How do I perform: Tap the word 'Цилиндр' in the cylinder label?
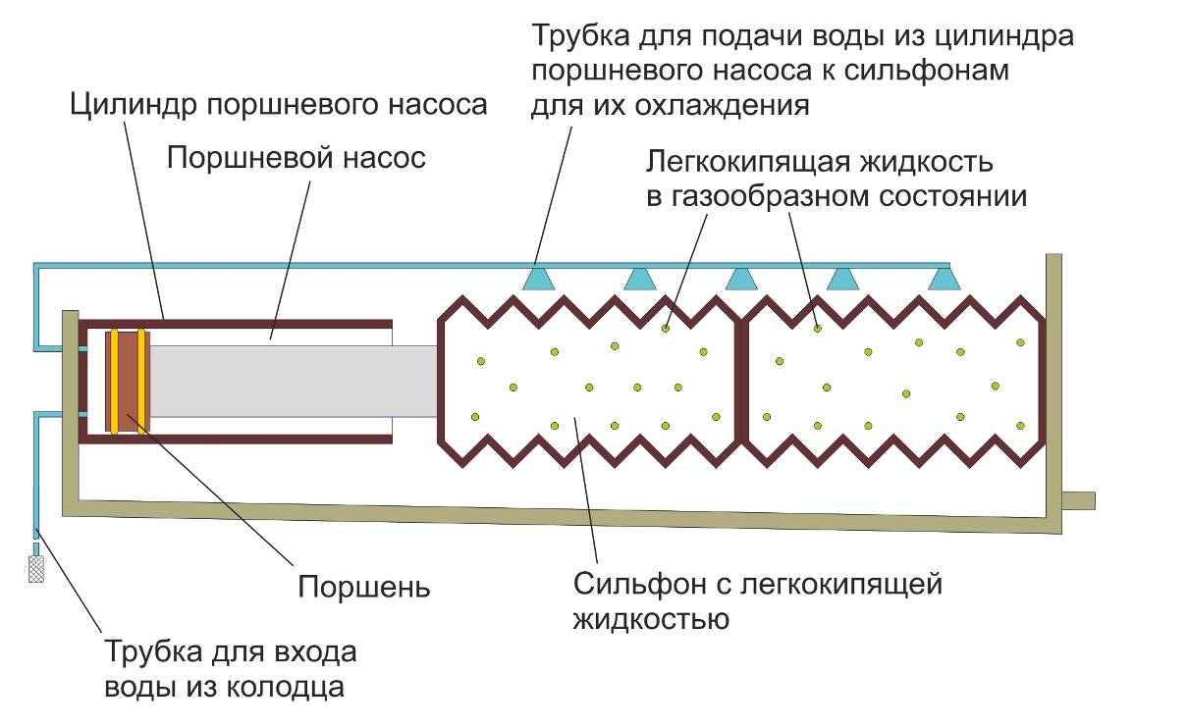pos(134,105)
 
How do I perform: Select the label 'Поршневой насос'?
pos(297,158)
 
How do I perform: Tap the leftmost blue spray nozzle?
pos(537,279)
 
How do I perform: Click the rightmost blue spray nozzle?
pos(944,279)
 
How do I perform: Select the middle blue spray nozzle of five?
pos(741,279)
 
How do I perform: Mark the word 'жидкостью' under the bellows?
pos(650,619)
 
